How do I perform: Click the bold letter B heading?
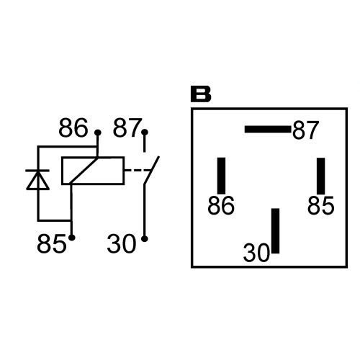point(201,94)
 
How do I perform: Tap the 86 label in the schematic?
point(73,127)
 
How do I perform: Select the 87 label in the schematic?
point(127,127)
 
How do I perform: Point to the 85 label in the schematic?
point(51,243)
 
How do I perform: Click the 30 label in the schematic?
point(122,244)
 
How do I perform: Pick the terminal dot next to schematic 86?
point(97,132)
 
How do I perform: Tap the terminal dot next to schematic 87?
point(145,132)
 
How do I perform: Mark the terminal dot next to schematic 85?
point(72,238)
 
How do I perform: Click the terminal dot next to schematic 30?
point(145,239)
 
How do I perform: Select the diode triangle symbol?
point(37,180)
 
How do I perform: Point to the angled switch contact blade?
point(152,170)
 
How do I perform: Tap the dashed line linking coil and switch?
point(136,171)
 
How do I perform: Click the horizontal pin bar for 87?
point(268,130)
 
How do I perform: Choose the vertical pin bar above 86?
point(221,176)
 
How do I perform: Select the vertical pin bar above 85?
point(321,176)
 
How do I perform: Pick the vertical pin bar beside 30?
point(276,230)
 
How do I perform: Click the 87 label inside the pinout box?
point(305,130)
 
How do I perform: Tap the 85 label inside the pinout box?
point(320,205)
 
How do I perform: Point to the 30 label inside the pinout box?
point(256,253)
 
